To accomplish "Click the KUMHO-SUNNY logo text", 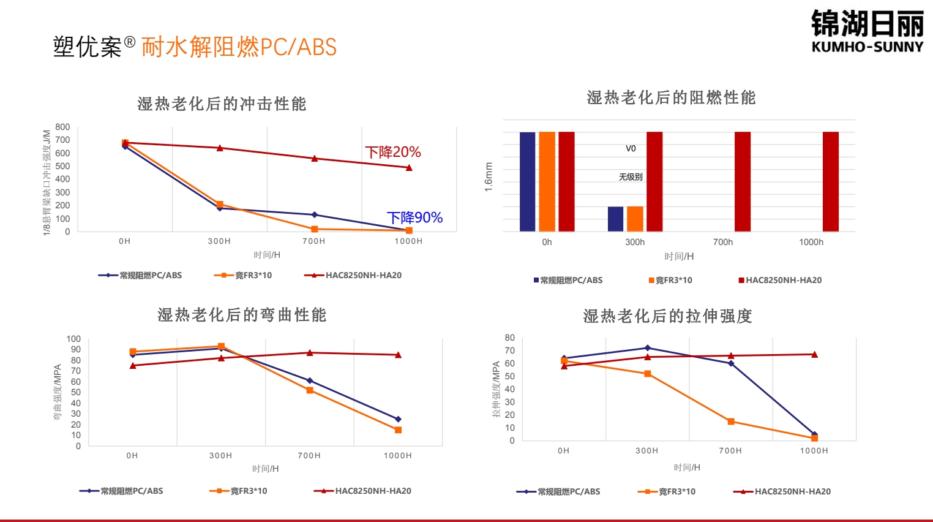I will click(x=867, y=47).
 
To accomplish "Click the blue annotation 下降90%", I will click(x=414, y=217).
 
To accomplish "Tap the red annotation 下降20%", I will click(x=393, y=152).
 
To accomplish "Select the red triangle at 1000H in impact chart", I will click(x=409, y=167).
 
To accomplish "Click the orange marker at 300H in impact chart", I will click(x=220, y=204).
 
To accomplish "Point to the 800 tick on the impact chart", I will click(x=62, y=127).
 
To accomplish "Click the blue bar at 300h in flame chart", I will click(x=615, y=219).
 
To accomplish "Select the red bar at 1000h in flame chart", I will click(x=831, y=181).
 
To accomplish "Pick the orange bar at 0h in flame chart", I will click(x=547, y=181).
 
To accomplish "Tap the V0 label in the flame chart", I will click(x=631, y=148).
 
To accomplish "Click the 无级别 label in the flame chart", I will click(x=631, y=177).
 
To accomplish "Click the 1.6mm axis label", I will click(x=489, y=177).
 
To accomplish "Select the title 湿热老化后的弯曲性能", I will click(x=242, y=315).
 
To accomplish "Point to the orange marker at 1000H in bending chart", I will click(x=398, y=430).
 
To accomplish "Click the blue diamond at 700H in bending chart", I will click(x=310, y=380).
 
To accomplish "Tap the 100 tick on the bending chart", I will click(x=73, y=339).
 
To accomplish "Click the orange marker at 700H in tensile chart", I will click(x=731, y=422).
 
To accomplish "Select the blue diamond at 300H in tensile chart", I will click(x=648, y=348).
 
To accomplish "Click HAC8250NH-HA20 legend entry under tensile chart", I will click(x=792, y=491).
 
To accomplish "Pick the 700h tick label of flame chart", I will click(x=723, y=242).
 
